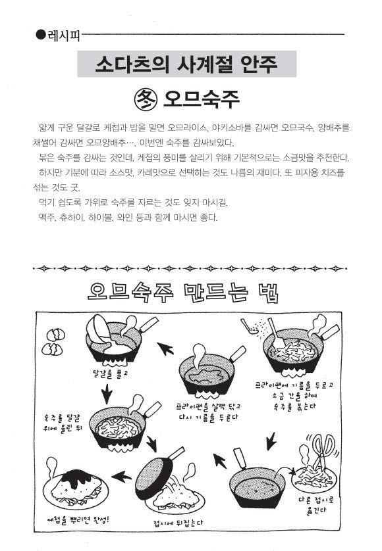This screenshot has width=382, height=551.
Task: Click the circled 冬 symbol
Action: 145,99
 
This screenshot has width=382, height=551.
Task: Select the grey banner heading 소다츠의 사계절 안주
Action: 186,64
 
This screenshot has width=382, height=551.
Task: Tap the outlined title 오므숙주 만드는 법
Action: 183,293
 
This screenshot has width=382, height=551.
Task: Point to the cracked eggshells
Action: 54,341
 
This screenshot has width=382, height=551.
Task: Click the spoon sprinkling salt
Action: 250,327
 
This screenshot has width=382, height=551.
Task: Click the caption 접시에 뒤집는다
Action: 178,523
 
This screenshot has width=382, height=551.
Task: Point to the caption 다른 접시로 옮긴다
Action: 316,505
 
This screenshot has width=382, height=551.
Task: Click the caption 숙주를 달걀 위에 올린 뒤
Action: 63,423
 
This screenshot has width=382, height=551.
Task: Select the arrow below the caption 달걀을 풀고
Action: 106,394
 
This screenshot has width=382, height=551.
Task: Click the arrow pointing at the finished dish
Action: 121,477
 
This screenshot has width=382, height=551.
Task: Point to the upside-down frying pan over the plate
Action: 155,473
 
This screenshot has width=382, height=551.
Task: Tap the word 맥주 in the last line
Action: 47,218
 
